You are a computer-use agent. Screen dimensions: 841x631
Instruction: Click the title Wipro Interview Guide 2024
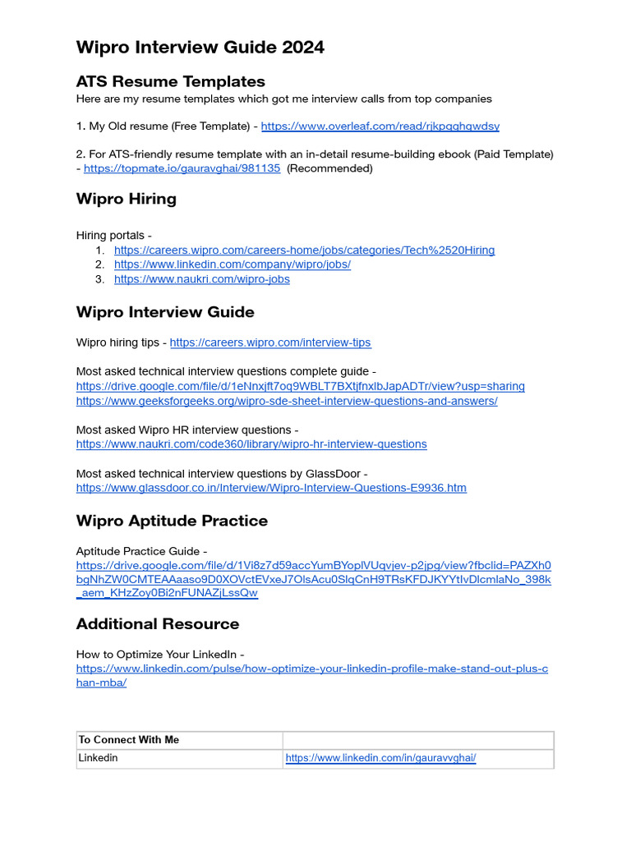coord(200,48)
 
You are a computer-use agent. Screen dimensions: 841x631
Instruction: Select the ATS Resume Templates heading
coord(170,81)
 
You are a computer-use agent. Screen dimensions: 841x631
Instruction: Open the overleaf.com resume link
coord(380,126)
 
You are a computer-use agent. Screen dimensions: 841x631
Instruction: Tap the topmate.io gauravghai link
coord(182,168)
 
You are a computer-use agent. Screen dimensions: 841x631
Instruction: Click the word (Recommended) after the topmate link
coord(329,168)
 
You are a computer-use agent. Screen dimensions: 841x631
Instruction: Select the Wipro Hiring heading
coord(126,199)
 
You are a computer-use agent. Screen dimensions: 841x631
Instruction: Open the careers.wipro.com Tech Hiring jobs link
coord(304,250)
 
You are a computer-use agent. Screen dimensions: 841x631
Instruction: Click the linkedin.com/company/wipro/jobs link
coord(232,264)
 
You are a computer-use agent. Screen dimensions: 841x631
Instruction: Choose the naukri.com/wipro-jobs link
coord(201,279)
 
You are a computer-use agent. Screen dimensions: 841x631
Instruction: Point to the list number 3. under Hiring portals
coord(99,279)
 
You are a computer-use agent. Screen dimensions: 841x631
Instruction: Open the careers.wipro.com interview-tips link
coord(269,342)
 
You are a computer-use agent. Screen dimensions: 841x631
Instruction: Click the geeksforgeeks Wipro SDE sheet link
coord(286,402)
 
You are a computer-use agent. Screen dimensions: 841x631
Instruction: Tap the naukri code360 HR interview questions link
coord(251,444)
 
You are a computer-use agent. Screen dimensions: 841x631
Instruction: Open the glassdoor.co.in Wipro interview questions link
coord(271,488)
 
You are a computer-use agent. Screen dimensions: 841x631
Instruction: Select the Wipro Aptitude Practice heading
coord(172,521)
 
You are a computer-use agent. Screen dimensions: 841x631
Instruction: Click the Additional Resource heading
coord(157,624)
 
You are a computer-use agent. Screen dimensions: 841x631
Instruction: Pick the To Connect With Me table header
coord(128,740)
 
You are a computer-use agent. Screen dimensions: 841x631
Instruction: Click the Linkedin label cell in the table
coord(98,758)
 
